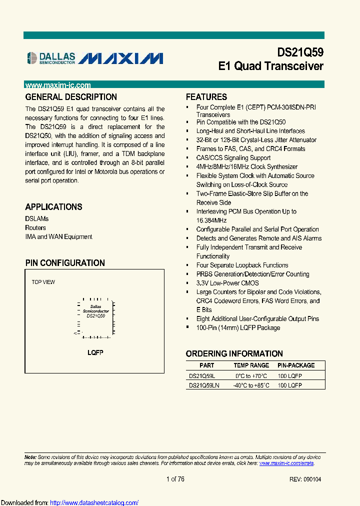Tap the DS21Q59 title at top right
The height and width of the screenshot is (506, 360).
click(300, 52)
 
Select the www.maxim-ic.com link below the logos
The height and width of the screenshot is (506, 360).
click(57, 85)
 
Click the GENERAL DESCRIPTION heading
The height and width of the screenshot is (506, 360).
click(71, 97)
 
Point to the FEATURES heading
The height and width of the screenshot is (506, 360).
click(206, 97)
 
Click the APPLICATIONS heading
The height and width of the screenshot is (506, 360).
click(53, 207)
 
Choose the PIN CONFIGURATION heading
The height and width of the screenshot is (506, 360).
click(65, 263)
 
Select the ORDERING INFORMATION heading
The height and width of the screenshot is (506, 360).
click(234, 353)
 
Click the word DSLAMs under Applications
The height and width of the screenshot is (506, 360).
click(37, 219)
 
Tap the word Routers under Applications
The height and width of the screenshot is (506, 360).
click(35, 228)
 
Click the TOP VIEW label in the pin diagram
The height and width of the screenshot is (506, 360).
click(43, 282)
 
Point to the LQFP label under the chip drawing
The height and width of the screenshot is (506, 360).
click(95, 352)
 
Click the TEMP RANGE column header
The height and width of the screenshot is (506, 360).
click(251, 365)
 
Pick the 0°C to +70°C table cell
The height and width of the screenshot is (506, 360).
click(251, 375)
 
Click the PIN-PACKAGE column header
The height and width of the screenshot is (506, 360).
click(296, 365)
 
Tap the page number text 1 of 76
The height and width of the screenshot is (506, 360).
click(175, 479)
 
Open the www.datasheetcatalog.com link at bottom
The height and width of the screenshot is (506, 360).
click(94, 502)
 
